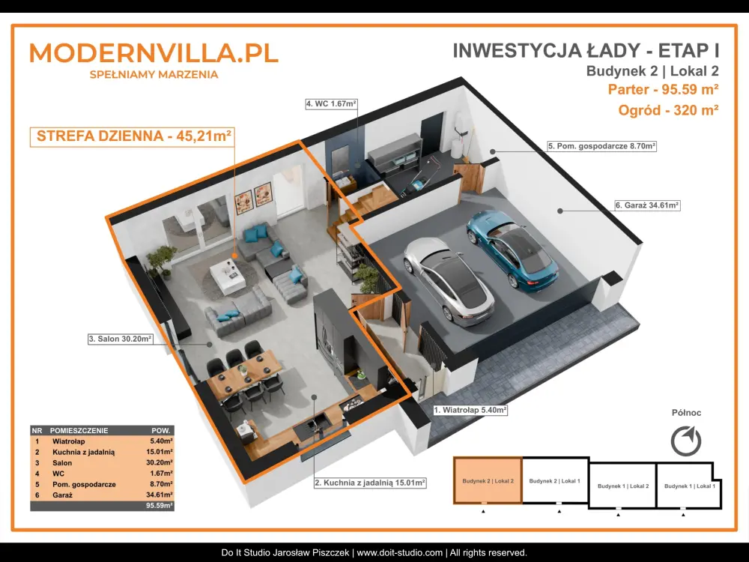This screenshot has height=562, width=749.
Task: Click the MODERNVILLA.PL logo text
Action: pyautogui.click(x=154, y=52)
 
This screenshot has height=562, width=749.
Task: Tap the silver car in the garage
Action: pyautogui.click(x=448, y=281)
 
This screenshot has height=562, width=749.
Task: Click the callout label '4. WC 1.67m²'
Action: pyautogui.click(x=332, y=103)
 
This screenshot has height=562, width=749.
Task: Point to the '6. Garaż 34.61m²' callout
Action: pyautogui.click(x=647, y=205)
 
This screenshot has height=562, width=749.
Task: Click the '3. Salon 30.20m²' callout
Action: pyautogui.click(x=121, y=339)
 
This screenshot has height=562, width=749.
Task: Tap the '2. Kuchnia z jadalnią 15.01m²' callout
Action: pyautogui.click(x=370, y=483)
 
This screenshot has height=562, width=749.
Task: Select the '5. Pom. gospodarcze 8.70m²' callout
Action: pyautogui.click(x=601, y=146)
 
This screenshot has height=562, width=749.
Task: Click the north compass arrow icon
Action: pyautogui.click(x=686, y=441)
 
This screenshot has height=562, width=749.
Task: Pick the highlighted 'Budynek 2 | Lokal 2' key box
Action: pyautogui.click(x=488, y=481)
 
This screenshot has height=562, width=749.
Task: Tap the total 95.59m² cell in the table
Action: pyautogui.click(x=160, y=505)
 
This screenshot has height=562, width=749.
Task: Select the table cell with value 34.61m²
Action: pyautogui.click(x=160, y=495)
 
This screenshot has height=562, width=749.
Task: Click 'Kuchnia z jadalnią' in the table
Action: pyautogui.click(x=84, y=452)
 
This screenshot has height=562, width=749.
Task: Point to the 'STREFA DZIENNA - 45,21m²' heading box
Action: pyautogui.click(x=133, y=136)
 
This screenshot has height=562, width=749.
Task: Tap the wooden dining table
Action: pyautogui.click(x=244, y=373)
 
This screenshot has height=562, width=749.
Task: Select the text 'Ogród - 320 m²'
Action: pyautogui.click(x=668, y=110)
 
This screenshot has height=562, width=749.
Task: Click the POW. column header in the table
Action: pyautogui.click(x=160, y=430)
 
